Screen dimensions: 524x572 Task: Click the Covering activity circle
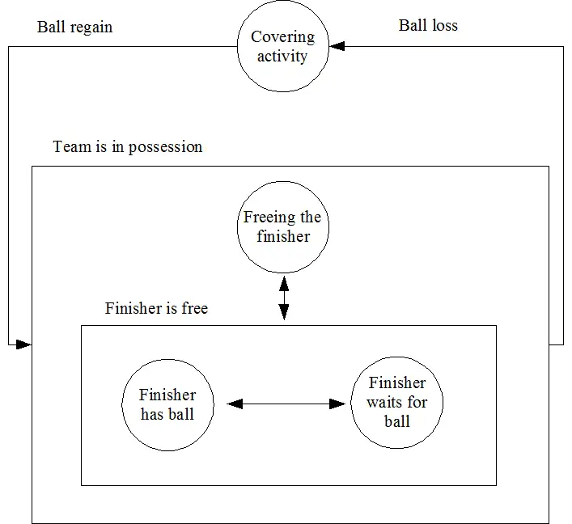[x=283, y=47]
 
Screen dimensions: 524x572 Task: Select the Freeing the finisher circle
[x=283, y=226]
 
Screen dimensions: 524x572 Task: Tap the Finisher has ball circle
[x=167, y=404]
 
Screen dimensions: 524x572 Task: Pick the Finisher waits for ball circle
[x=396, y=402]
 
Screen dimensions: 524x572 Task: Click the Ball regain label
[x=75, y=27]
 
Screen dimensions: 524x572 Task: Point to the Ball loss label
[x=428, y=25]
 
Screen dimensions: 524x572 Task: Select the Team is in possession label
[x=128, y=147]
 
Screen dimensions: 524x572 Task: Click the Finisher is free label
[x=156, y=308]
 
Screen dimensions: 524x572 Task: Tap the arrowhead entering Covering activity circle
[x=337, y=47]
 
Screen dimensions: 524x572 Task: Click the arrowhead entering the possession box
[x=23, y=345]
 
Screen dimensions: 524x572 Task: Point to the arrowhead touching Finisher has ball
[x=235, y=404]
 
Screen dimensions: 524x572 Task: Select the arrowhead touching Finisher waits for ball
[x=338, y=404]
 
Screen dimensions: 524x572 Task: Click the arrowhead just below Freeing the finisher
[x=284, y=284]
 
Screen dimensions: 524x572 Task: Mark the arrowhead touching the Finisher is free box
[x=284, y=315]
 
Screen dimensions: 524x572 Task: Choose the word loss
[x=443, y=25]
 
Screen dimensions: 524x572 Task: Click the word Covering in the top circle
[x=283, y=37]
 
